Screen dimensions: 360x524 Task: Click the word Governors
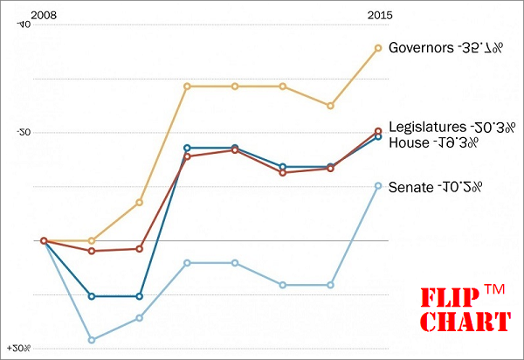[420, 47]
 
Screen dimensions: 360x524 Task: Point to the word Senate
[409, 186]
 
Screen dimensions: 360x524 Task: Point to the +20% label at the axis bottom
[18, 349]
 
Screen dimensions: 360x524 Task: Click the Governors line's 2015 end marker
[378, 48]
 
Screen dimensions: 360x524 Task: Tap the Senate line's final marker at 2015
[378, 185]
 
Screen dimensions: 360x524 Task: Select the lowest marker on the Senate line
[92, 340]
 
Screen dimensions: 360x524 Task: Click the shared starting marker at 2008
[44, 240]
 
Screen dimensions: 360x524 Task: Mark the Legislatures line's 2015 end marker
[378, 131]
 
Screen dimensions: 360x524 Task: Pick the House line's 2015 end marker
[378, 137]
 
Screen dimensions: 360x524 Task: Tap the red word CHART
[465, 322]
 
